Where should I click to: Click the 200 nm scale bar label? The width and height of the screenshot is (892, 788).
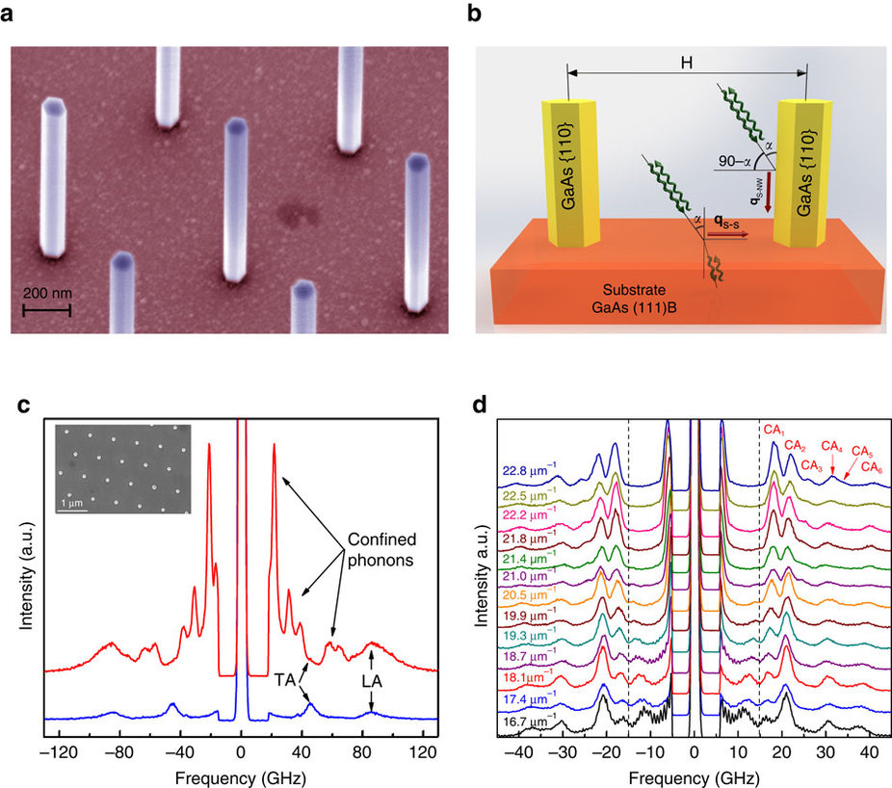pyautogui.click(x=47, y=293)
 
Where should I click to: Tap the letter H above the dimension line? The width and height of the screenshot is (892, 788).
pyautogui.click(x=686, y=58)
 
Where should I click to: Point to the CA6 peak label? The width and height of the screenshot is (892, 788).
pyautogui.click(x=873, y=467)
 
